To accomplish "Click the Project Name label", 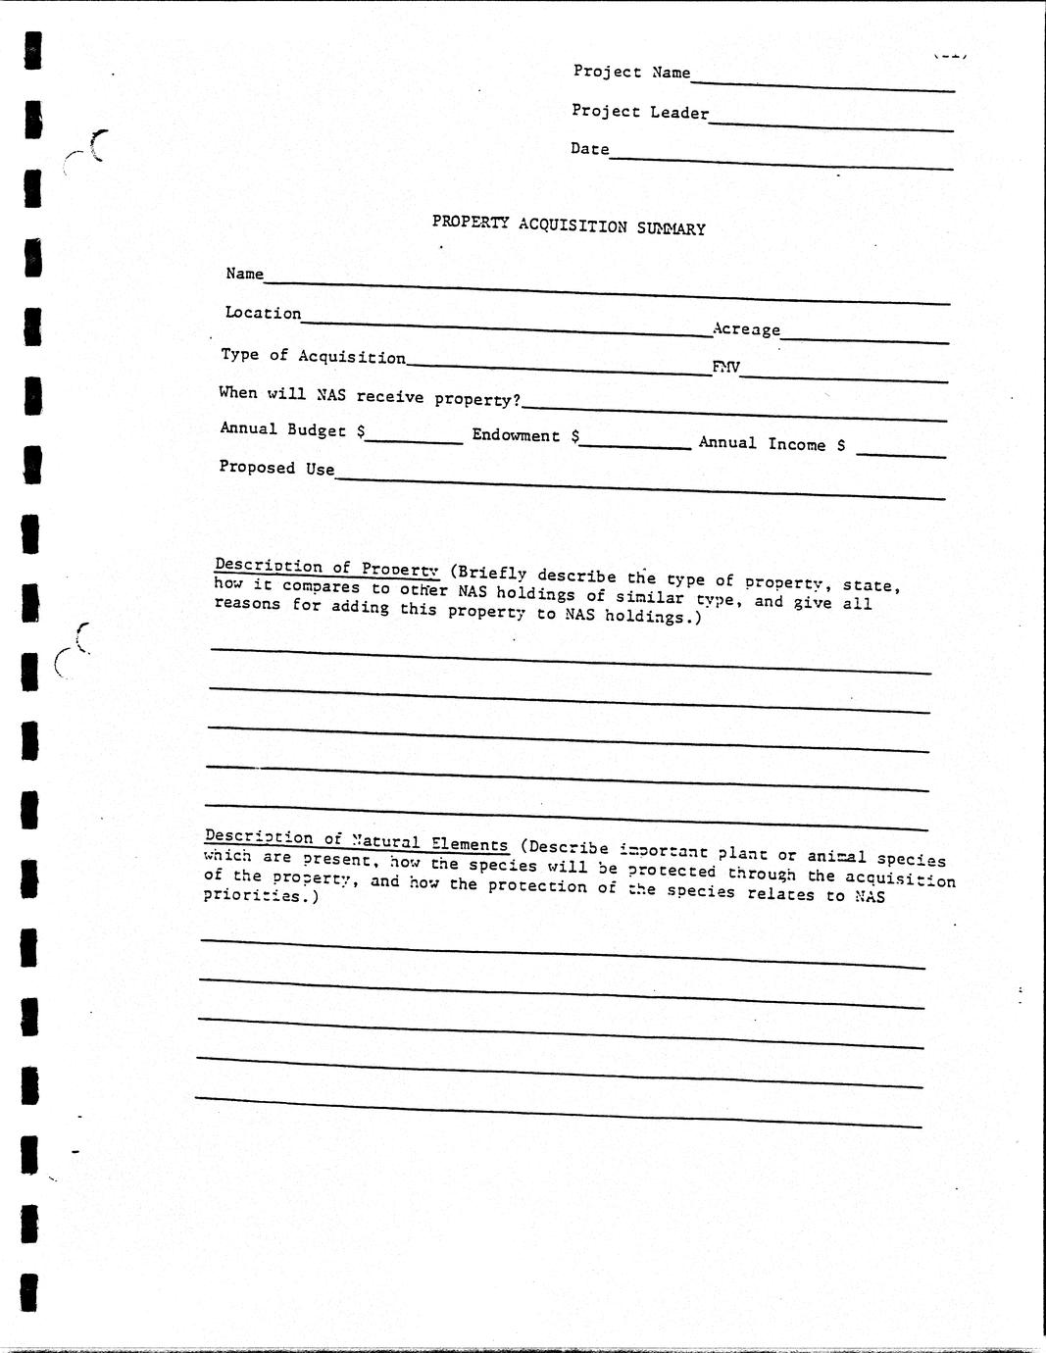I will point(631,72).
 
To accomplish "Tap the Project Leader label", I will point(639,112).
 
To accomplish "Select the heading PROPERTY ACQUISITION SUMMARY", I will point(569,225).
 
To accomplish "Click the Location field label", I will point(263,313).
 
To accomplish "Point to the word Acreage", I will point(746,329).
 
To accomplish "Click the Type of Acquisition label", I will point(313,356).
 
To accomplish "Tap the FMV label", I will point(725,368).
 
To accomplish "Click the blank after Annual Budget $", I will point(414,437).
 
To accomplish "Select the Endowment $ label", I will point(525,435).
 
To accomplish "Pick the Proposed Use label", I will point(276,468).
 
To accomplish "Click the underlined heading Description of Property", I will point(326,567).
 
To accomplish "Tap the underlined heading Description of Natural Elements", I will point(356,840).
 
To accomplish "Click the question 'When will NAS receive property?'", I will point(370,396).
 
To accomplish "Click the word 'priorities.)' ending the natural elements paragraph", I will point(261,896).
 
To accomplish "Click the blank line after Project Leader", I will point(830,124).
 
